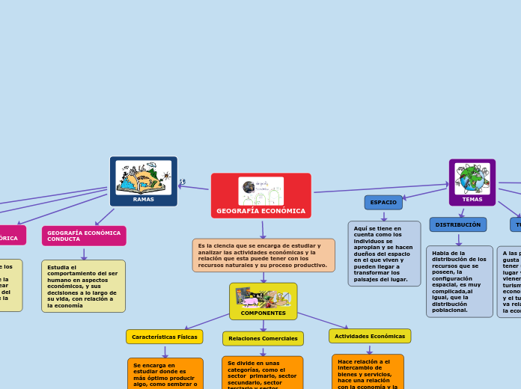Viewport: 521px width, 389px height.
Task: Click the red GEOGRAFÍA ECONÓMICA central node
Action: click(x=260, y=210)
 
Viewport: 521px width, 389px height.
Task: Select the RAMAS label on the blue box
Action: click(x=143, y=200)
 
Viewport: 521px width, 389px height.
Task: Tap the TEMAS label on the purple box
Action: click(x=472, y=200)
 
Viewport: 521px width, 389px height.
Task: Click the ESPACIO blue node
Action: click(x=383, y=203)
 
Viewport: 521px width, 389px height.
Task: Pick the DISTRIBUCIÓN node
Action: click(x=458, y=224)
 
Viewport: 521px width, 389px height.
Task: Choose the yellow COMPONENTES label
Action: click(x=263, y=313)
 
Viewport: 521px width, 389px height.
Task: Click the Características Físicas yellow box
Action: click(x=165, y=337)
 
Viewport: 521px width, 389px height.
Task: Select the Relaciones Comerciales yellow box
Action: click(x=263, y=339)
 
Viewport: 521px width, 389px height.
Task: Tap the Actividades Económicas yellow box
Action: click(x=370, y=337)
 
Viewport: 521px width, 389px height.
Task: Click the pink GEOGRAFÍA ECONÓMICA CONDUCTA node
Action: click(x=84, y=236)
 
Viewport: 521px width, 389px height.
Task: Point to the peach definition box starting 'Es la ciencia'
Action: click(x=263, y=255)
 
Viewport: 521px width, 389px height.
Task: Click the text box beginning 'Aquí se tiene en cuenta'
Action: click(x=384, y=253)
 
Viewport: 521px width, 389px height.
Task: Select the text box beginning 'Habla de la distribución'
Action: click(x=460, y=281)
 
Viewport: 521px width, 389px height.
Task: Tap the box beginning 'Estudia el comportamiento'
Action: click(x=83, y=286)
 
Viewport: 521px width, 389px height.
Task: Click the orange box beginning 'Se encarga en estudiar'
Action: click(x=165, y=373)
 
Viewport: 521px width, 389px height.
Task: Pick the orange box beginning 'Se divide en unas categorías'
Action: click(x=262, y=373)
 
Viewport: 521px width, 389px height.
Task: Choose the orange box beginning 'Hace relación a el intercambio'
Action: click(x=368, y=372)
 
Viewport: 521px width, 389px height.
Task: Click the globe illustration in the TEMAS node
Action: click(x=472, y=179)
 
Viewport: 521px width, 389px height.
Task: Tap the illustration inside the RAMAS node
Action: click(x=143, y=177)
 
